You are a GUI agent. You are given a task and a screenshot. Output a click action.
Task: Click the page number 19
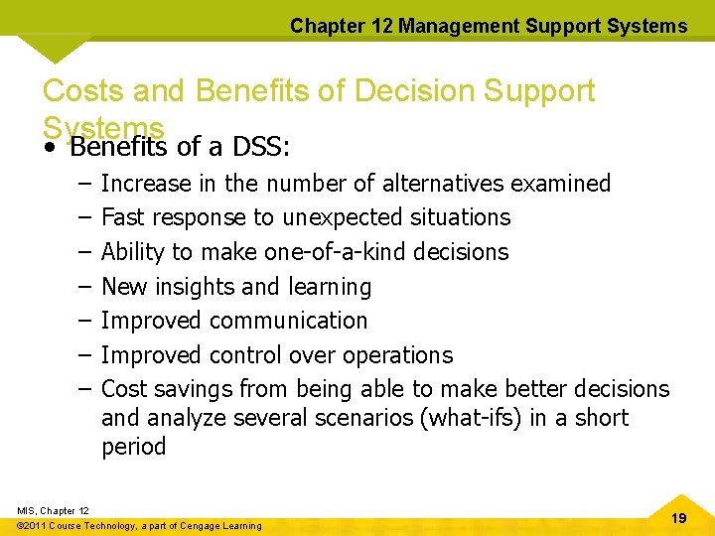678,517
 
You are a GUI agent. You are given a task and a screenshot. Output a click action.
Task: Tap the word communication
288,321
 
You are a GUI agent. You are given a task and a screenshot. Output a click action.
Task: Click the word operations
397,355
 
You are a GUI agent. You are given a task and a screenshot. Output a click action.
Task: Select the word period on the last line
134,447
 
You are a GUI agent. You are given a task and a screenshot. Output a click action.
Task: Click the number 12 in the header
382,26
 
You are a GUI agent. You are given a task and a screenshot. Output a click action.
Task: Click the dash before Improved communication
80,321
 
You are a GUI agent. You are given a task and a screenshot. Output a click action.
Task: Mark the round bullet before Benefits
49,149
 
